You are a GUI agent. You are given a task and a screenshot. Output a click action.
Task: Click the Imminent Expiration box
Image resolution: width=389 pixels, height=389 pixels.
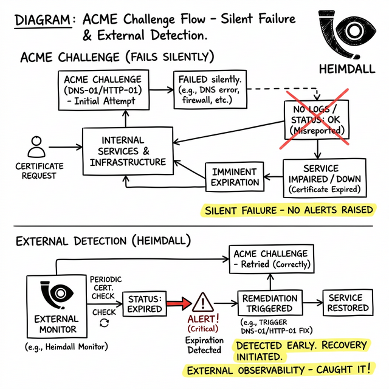pyautogui.click(x=234, y=177)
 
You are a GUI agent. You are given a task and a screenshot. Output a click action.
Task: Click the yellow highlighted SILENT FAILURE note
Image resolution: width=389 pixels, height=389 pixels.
pyautogui.click(x=288, y=211)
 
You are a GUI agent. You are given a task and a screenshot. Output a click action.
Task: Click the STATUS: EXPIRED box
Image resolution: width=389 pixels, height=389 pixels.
pyautogui.click(x=144, y=303)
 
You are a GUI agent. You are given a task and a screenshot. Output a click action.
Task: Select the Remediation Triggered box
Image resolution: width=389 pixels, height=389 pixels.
pyautogui.click(x=270, y=303)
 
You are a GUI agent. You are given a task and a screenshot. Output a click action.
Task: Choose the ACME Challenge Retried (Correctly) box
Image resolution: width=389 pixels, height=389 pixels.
pyautogui.click(x=270, y=258)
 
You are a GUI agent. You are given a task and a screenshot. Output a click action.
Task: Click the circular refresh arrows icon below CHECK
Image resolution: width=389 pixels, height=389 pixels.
pyautogui.click(x=103, y=323)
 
